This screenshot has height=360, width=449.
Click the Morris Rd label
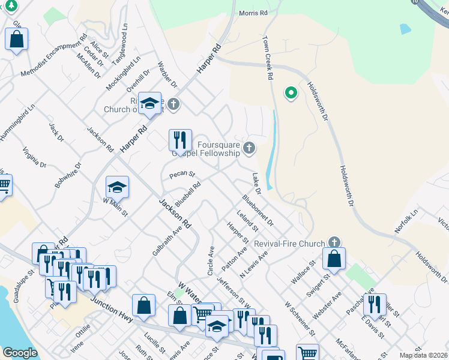[x=253, y=13]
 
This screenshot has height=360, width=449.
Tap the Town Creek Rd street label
[x=268, y=58]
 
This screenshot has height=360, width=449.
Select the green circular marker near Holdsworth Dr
[x=291, y=93]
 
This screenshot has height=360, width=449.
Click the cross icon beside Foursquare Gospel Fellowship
[x=249, y=148]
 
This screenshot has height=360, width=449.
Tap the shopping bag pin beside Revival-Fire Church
[x=334, y=259]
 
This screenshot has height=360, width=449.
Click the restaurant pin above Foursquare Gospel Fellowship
[x=180, y=140]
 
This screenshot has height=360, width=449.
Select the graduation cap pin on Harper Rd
[x=149, y=103]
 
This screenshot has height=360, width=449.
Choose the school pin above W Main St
[x=118, y=187]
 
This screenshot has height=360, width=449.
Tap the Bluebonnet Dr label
[x=258, y=210]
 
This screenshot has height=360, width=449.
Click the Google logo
[x=20, y=353]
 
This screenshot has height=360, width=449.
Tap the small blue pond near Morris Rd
[x=405, y=28]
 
